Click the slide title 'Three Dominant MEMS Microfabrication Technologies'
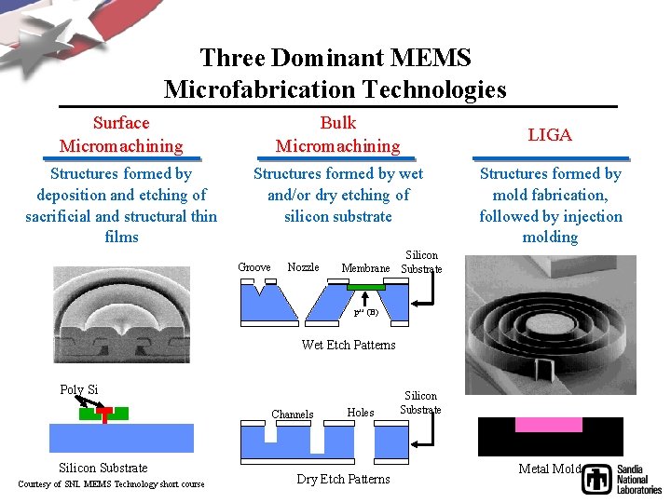tap(335, 74)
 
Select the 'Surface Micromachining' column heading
tap(121, 134)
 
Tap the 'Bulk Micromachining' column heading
tap(337, 134)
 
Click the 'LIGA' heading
tap(550, 135)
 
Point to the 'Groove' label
tap(254, 267)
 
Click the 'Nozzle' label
tap(303, 267)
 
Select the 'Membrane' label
tap(365, 268)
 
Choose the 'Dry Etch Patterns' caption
tap(343, 479)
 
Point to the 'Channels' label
tap(292, 415)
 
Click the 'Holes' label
tap(360, 412)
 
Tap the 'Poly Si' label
tap(79, 389)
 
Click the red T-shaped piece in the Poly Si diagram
tap(104, 415)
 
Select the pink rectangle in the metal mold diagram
tap(549, 425)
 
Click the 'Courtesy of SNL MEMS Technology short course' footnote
tap(111, 483)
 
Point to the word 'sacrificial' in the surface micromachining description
tap(60, 216)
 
